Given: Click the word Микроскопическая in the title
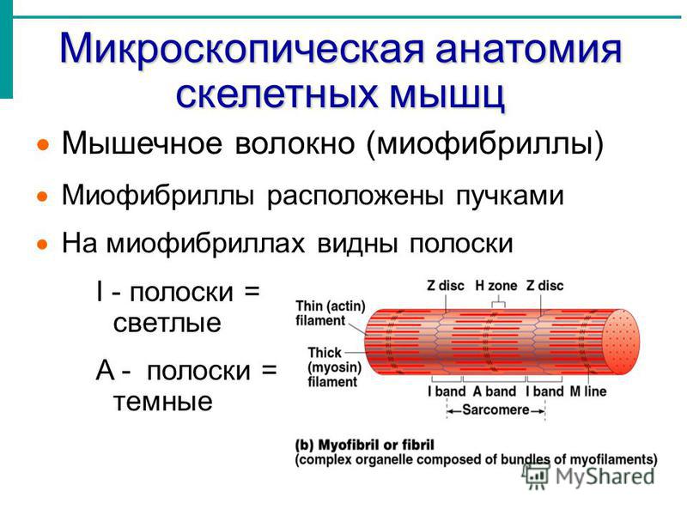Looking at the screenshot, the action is [x=242, y=50].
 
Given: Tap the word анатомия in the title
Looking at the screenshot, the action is [x=528, y=48].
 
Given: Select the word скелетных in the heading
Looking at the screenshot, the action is [x=277, y=94].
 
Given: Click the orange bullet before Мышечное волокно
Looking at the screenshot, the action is [x=43, y=144].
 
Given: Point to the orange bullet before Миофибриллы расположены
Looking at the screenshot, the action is [x=43, y=197].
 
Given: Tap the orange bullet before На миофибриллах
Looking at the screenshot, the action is [x=43, y=244].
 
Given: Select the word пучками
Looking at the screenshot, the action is [x=509, y=197].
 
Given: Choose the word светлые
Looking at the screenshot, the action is [x=167, y=324].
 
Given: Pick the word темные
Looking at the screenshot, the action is [x=163, y=401].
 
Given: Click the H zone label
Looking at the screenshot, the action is [x=496, y=286].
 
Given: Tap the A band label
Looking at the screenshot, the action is [x=495, y=391].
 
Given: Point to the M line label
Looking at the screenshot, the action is [x=588, y=391].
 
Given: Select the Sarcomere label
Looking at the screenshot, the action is [x=496, y=410].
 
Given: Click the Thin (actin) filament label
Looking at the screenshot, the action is [x=331, y=312].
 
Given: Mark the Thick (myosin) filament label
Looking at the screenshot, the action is [x=334, y=367].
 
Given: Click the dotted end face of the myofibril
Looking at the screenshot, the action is [x=621, y=342].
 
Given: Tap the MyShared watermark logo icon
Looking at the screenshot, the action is [x=535, y=476].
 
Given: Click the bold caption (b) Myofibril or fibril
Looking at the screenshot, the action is [x=364, y=445].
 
